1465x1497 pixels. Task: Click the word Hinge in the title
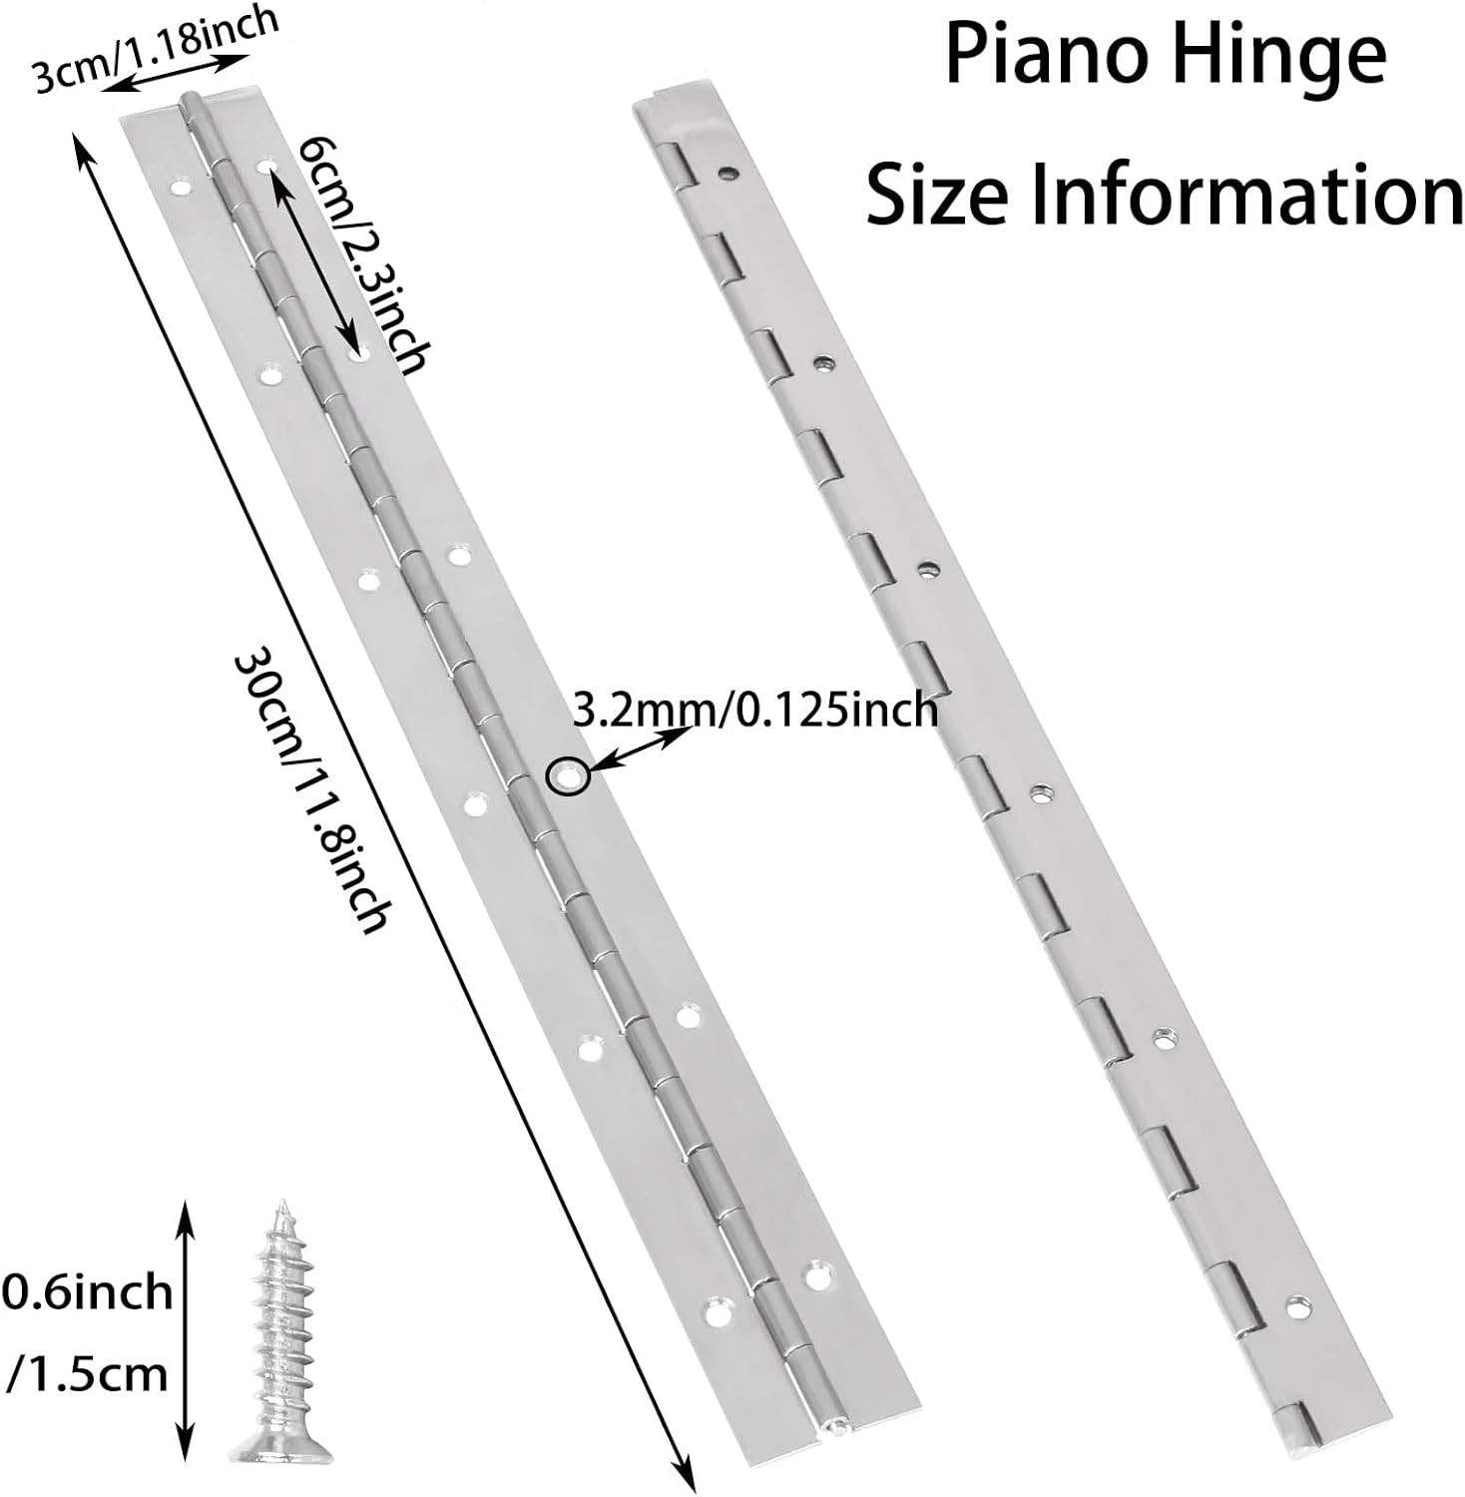1281,58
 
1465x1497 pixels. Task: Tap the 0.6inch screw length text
88,1292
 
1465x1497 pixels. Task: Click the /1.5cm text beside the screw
88,1375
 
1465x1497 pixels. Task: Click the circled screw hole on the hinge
568,776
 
